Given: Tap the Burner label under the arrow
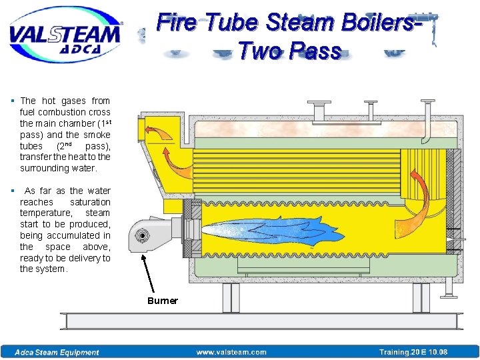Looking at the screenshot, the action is click(163, 301).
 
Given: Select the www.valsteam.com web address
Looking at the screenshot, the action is click(231, 352).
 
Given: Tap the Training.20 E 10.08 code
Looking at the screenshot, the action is click(413, 352).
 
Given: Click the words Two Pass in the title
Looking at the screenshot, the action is click(289, 51).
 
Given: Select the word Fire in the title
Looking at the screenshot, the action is click(177, 23).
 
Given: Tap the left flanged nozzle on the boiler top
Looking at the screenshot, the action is click(319, 107).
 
